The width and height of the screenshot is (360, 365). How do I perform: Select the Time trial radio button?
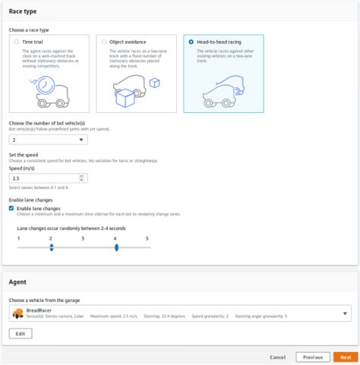(x=17, y=42)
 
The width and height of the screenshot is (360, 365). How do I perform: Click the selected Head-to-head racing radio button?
(x=190, y=42)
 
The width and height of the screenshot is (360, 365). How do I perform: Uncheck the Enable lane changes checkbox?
(x=11, y=208)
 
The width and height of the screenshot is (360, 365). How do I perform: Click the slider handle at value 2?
(x=51, y=247)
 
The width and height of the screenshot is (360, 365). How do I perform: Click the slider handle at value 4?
(x=115, y=247)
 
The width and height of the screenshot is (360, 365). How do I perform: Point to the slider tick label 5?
(x=147, y=238)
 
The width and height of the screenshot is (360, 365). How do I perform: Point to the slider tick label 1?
(x=18, y=238)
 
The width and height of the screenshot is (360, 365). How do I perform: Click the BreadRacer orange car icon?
(x=17, y=313)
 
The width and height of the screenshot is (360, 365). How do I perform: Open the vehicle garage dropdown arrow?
(x=345, y=313)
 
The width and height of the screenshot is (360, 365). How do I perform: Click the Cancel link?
(x=277, y=357)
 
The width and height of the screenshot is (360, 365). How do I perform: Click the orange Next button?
(x=345, y=357)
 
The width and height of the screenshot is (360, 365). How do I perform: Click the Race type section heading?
(x=23, y=12)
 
